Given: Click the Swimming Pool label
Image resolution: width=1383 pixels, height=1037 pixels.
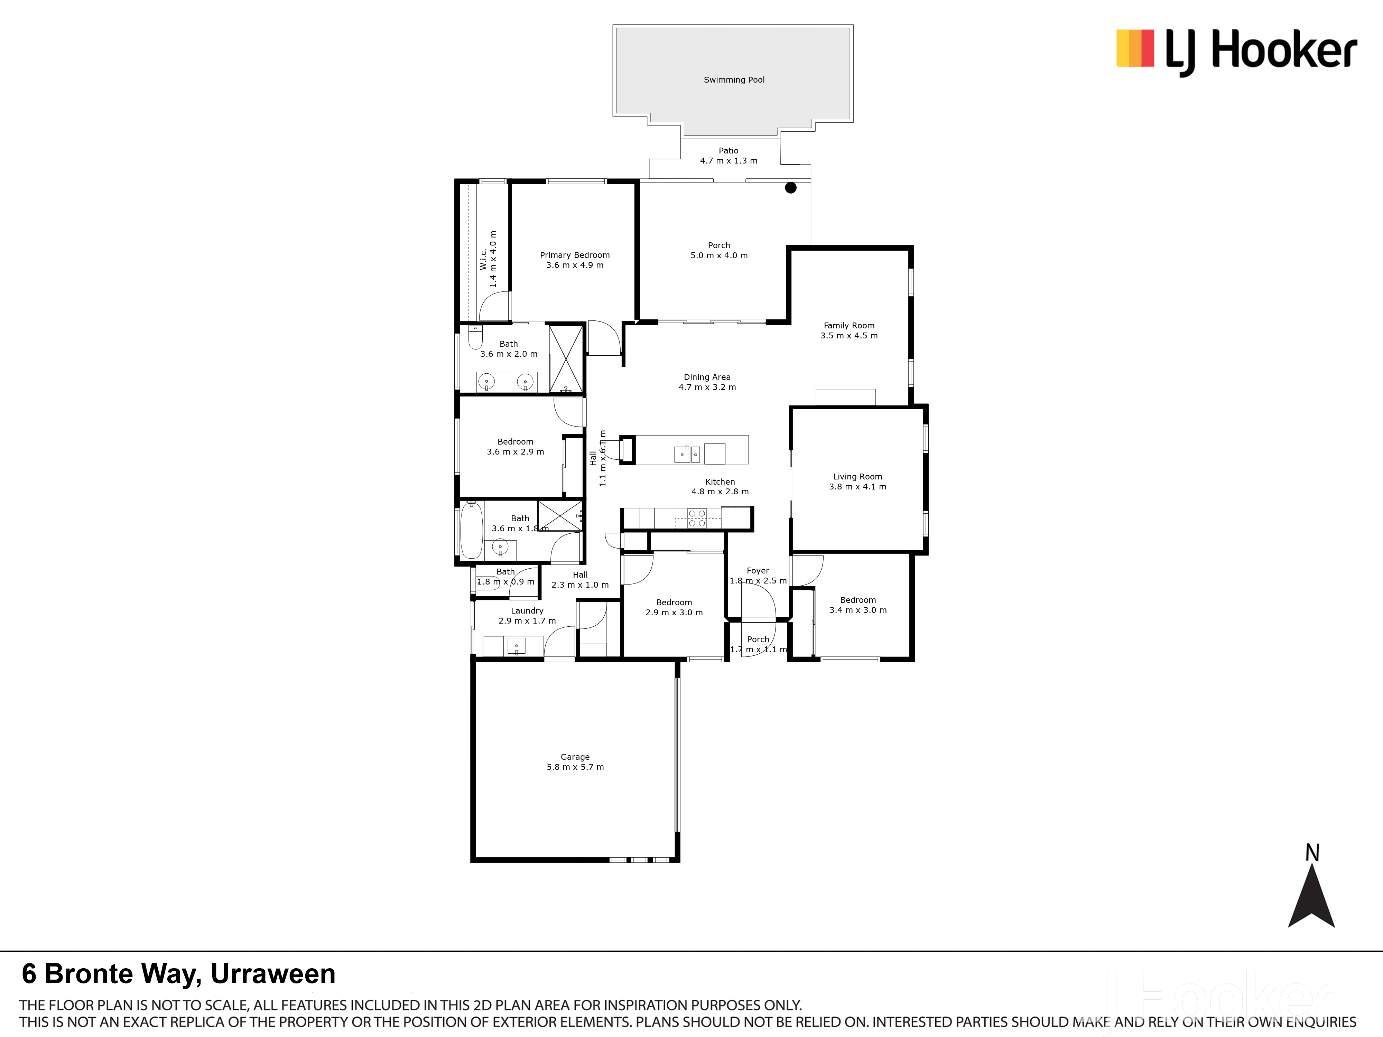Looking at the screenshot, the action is click(734, 80).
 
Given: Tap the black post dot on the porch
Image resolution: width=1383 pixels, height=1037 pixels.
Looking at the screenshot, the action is click(791, 187).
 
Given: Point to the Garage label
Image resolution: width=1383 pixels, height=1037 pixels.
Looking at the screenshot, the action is click(575, 757).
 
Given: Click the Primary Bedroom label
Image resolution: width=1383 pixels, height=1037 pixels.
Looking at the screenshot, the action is click(575, 255).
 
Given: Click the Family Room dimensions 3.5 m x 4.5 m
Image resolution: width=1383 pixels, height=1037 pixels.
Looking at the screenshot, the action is click(849, 336).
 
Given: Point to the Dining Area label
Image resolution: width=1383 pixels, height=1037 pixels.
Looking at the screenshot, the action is click(707, 377).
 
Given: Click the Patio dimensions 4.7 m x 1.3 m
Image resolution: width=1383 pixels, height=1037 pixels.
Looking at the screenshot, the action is click(728, 161).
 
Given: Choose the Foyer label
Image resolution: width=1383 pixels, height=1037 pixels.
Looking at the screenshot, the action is click(758, 571).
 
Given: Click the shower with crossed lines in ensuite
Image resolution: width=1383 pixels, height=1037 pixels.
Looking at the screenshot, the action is click(566, 359).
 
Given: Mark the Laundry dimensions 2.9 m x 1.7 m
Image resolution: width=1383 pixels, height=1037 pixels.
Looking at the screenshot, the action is click(527, 621).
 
